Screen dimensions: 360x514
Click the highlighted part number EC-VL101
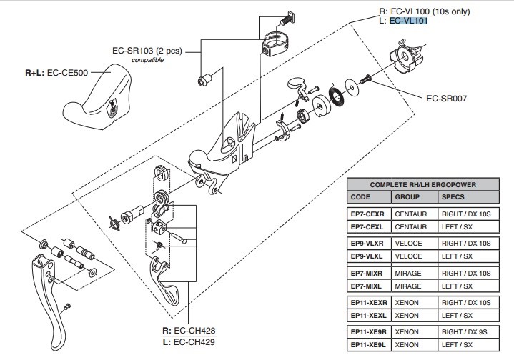pyautogui.click(x=408, y=21)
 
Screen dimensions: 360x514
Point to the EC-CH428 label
pyautogui.click(x=189, y=330)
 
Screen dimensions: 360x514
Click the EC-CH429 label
pyautogui.click(x=189, y=341)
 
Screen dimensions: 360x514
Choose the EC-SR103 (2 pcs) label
pyautogui.click(x=147, y=51)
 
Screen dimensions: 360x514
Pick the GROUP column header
pyautogui.click(x=407, y=196)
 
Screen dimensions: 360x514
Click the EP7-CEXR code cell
pyautogui.click(x=367, y=213)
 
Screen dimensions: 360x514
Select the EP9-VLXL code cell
pyautogui.click(x=367, y=256)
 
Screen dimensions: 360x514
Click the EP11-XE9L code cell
pyautogui.click(x=369, y=345)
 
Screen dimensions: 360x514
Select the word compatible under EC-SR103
pyautogui.click(x=147, y=61)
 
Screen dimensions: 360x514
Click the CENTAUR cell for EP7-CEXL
pyautogui.click(x=411, y=226)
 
